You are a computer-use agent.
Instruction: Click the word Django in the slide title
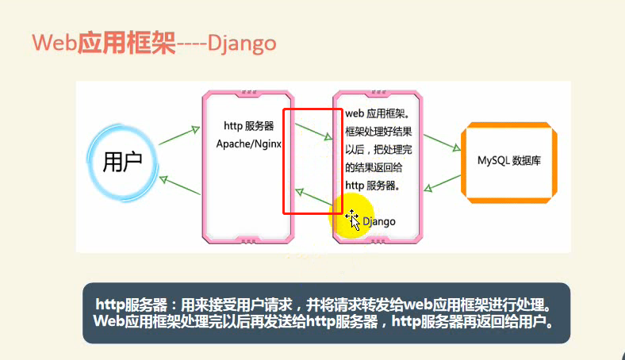tap(242, 44)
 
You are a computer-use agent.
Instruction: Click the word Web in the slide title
tap(54, 42)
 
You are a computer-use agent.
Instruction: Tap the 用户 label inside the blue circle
tap(122, 162)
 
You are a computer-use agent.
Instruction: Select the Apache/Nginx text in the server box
tap(249, 144)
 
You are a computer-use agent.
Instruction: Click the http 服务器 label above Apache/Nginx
tap(249, 126)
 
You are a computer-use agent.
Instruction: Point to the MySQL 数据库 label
tap(509, 161)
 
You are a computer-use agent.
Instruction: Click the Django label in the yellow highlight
tap(379, 222)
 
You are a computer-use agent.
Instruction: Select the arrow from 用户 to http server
tap(179, 136)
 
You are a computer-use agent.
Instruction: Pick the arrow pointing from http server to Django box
tap(314, 132)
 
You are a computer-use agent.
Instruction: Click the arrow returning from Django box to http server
tap(314, 197)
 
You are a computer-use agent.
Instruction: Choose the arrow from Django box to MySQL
tap(442, 143)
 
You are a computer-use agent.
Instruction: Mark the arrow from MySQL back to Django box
tap(442, 183)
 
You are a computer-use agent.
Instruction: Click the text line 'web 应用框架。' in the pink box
tap(378, 113)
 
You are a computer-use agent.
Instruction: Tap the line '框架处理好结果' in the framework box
tap(378, 132)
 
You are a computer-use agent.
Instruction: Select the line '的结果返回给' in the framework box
tap(374, 167)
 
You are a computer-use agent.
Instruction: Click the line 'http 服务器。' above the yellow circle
tap(372, 186)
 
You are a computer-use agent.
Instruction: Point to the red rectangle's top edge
tap(312, 109)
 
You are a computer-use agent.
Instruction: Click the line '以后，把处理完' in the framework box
tap(378, 150)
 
